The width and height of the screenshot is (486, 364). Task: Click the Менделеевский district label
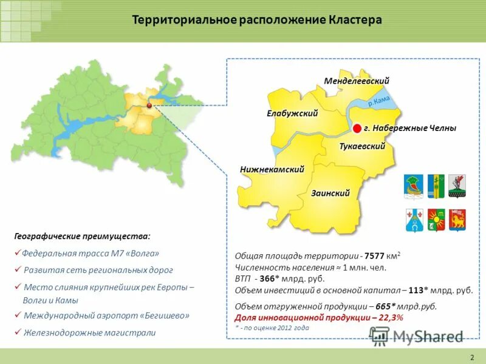pyautogui.click(x=357, y=81)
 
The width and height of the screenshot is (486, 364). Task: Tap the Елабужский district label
pyautogui.click(x=293, y=113)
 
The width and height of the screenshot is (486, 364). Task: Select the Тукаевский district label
pyautogui.click(x=363, y=146)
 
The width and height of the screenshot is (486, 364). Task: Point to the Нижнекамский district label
pyautogui.click(x=272, y=170)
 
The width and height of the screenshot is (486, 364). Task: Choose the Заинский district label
pyautogui.click(x=330, y=193)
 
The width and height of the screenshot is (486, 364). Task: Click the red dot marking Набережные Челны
pyautogui.click(x=357, y=128)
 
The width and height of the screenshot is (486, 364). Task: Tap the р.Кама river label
pyautogui.click(x=378, y=103)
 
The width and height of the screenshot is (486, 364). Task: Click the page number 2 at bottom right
pyautogui.click(x=472, y=356)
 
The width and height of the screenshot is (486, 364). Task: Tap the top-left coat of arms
pyautogui.click(x=413, y=186)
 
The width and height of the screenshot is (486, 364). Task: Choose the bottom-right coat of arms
pyautogui.click(x=457, y=220)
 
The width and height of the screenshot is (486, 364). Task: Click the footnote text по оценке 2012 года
pyautogui.click(x=276, y=328)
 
